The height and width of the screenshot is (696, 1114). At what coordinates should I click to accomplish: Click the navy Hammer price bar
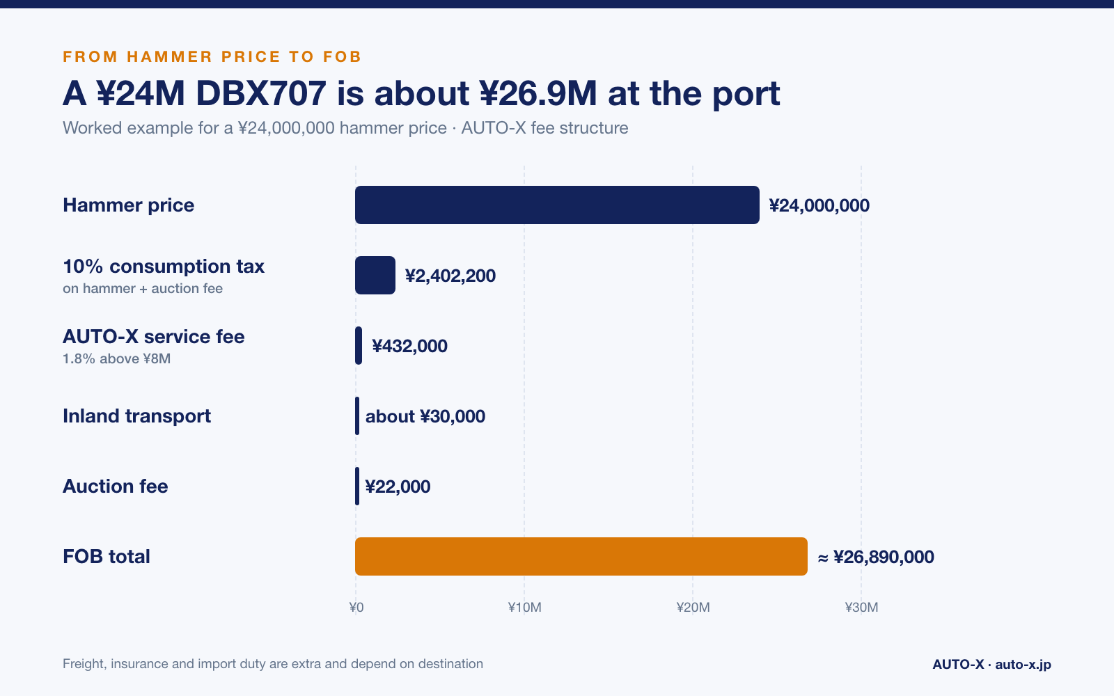(557, 205)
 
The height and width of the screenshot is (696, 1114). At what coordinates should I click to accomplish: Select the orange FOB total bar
(581, 556)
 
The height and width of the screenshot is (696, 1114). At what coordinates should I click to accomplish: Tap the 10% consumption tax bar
(375, 276)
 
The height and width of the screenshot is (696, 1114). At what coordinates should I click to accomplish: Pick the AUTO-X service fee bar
(359, 345)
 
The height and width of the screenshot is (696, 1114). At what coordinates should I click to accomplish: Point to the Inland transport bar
(357, 416)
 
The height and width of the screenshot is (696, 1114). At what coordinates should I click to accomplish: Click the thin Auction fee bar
(357, 487)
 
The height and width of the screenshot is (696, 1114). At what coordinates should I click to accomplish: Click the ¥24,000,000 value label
(819, 205)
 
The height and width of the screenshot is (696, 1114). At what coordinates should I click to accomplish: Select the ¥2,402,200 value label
(450, 276)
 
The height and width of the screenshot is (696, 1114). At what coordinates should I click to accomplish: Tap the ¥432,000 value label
(409, 346)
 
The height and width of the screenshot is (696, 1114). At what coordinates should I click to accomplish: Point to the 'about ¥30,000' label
(425, 416)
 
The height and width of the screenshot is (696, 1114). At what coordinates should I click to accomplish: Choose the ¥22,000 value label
(398, 487)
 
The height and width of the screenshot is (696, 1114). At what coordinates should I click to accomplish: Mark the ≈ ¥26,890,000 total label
(876, 557)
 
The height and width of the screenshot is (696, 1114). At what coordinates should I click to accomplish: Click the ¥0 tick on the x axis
(356, 607)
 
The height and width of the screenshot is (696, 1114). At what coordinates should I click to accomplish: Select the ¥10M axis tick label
(524, 607)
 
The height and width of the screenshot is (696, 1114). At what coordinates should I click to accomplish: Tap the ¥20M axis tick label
(693, 607)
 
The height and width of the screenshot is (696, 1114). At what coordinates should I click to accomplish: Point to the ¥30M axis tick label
(861, 607)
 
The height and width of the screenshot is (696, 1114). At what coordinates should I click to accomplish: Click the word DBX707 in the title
(261, 93)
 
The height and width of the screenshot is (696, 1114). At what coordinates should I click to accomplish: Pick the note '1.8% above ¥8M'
(116, 358)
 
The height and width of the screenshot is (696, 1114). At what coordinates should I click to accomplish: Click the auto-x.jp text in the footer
(1023, 664)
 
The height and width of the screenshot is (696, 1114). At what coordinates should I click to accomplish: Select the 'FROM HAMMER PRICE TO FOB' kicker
(212, 56)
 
